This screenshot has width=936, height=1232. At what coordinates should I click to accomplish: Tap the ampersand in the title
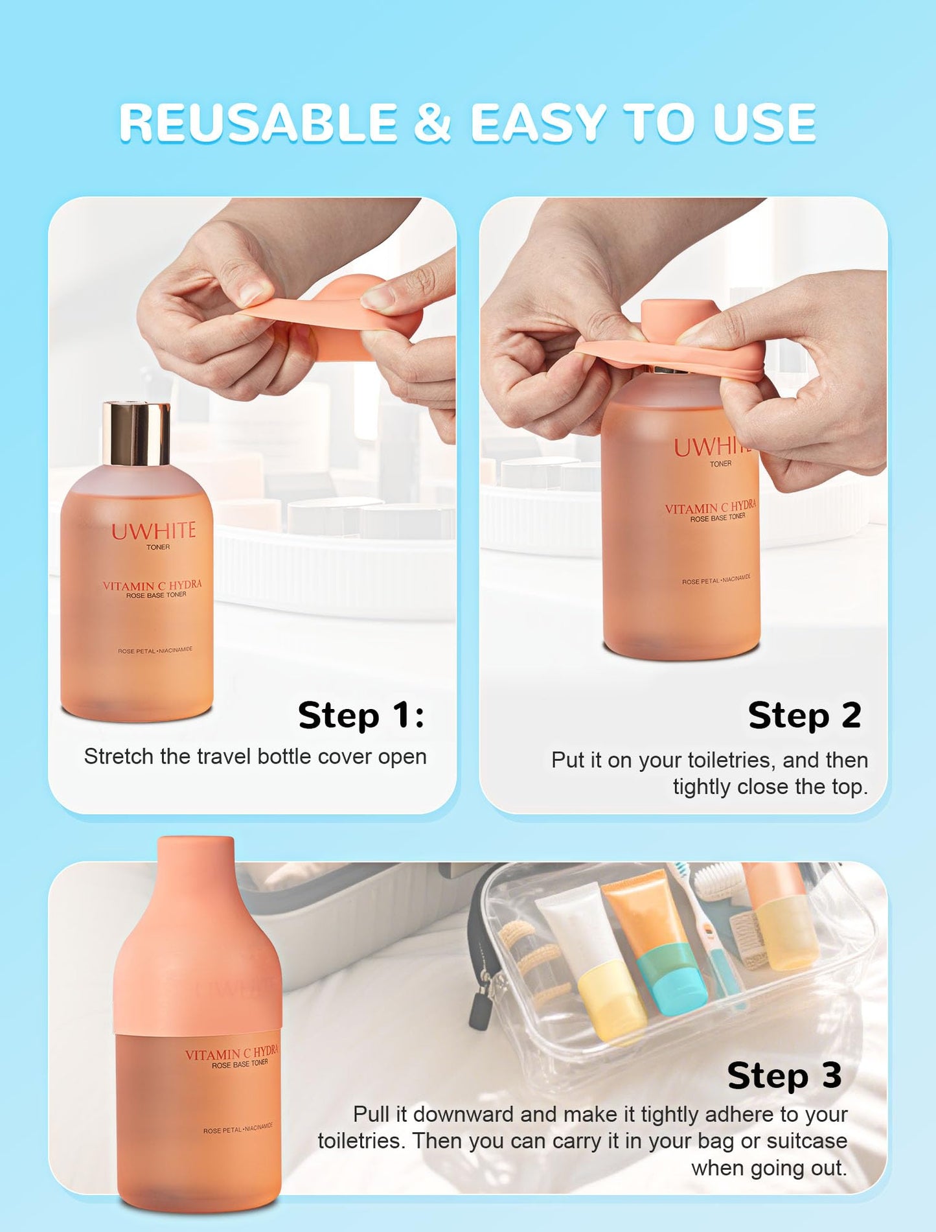[431, 123]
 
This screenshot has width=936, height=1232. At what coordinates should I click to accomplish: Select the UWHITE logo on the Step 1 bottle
[154, 531]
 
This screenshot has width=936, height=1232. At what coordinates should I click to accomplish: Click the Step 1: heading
[361, 715]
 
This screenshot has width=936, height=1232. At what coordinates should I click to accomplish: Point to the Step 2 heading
[804, 715]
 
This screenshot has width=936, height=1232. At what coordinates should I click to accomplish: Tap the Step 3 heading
[784, 1076]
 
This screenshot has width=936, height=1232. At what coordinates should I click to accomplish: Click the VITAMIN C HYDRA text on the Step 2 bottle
[710, 507]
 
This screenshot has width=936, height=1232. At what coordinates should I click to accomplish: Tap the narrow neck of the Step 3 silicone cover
[196, 868]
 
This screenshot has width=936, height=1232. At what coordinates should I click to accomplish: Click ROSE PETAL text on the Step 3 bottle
[222, 1130]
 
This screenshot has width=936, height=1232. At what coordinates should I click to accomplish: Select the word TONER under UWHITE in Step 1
[158, 548]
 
